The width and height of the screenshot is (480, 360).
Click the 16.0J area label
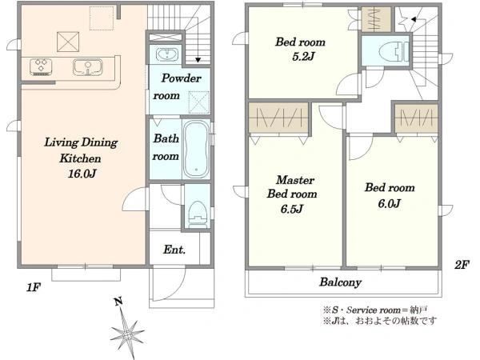pyautogui.click(x=82, y=174)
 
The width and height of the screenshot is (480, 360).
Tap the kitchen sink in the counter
pyautogui.click(x=87, y=66)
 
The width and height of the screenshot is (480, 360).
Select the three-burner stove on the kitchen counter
pyautogui.click(x=41, y=66)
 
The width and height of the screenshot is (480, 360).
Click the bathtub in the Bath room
pyautogui.click(x=196, y=149)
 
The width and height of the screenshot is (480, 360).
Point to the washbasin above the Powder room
pyautogui.click(x=167, y=54)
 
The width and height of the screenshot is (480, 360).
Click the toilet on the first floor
pyautogui.click(x=197, y=214)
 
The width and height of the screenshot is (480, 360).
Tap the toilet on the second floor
pyautogui.click(x=393, y=51)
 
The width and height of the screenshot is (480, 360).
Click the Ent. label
pyautogui.click(x=174, y=250)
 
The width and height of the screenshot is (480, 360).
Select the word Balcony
pyautogui.click(x=341, y=282)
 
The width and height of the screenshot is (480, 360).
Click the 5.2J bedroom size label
pyautogui.click(x=303, y=57)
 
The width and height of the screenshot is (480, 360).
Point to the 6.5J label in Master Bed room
pyautogui.click(x=292, y=209)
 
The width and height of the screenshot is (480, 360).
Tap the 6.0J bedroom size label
pyautogui.click(x=389, y=203)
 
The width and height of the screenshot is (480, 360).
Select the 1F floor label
pyautogui.click(x=34, y=287)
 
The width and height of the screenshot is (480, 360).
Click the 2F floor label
pyautogui.click(x=462, y=265)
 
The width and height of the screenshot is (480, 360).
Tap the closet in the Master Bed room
pyautogui.click(x=278, y=118)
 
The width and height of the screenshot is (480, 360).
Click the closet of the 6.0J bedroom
pyautogui.click(x=416, y=118)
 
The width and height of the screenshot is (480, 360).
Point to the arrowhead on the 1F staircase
pyautogui.click(x=198, y=60)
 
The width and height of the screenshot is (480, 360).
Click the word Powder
pyautogui.click(x=182, y=78)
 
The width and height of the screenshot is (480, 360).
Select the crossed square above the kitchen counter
pyautogui.click(x=68, y=42)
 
